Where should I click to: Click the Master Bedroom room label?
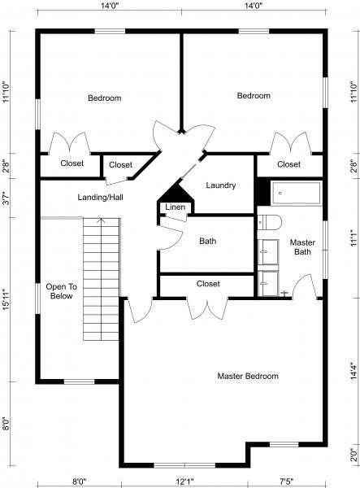click(x=248, y=377)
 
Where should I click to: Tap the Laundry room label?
click(x=220, y=185)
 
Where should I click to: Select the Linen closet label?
click(x=175, y=208)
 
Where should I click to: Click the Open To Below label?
click(x=60, y=291)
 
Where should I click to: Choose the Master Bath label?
click(x=302, y=246)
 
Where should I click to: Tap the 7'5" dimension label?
click(x=286, y=481)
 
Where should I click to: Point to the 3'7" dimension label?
click(x=7, y=198)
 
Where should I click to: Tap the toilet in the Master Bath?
click(x=270, y=221)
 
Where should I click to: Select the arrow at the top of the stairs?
click(x=101, y=220)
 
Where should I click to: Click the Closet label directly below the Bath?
click(x=208, y=284)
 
